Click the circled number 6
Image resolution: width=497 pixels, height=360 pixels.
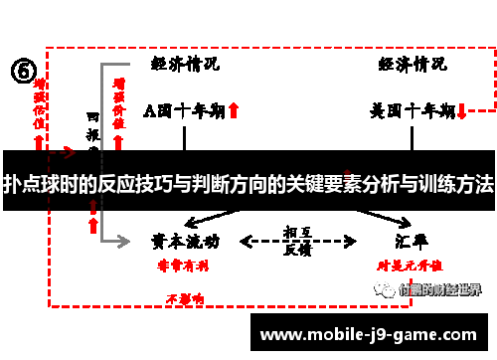(x=24, y=71)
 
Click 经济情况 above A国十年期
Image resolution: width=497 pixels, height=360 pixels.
(x=186, y=64)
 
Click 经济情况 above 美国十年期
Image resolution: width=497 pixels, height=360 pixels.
(x=412, y=64)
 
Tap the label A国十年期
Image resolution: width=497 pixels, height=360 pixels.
(x=184, y=109)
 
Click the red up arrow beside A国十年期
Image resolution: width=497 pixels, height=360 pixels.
(x=234, y=110)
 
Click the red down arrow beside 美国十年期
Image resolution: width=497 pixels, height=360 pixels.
(x=462, y=110)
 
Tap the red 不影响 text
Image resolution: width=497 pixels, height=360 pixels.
(x=185, y=297)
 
